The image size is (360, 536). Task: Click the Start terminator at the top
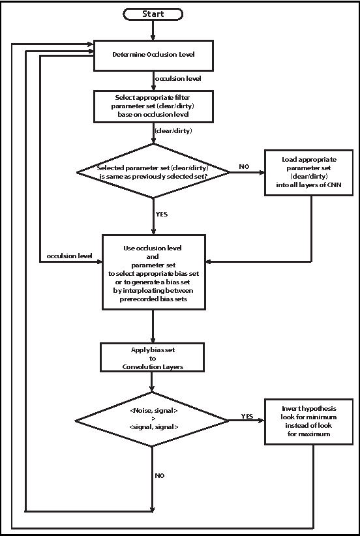click(153, 13)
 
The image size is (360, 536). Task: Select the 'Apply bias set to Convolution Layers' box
click(153, 358)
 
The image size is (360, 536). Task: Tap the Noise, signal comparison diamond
click(153, 419)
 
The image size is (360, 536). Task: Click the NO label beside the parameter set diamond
click(243, 167)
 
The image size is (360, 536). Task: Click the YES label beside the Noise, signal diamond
click(247, 415)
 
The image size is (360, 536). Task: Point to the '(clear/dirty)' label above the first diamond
click(173, 131)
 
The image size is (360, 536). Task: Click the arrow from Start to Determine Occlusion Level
click(153, 29)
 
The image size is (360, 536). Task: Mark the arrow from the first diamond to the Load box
click(247, 172)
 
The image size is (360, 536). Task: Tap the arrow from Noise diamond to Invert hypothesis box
click(247, 421)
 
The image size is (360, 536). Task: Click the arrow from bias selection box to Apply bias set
click(153, 326)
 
